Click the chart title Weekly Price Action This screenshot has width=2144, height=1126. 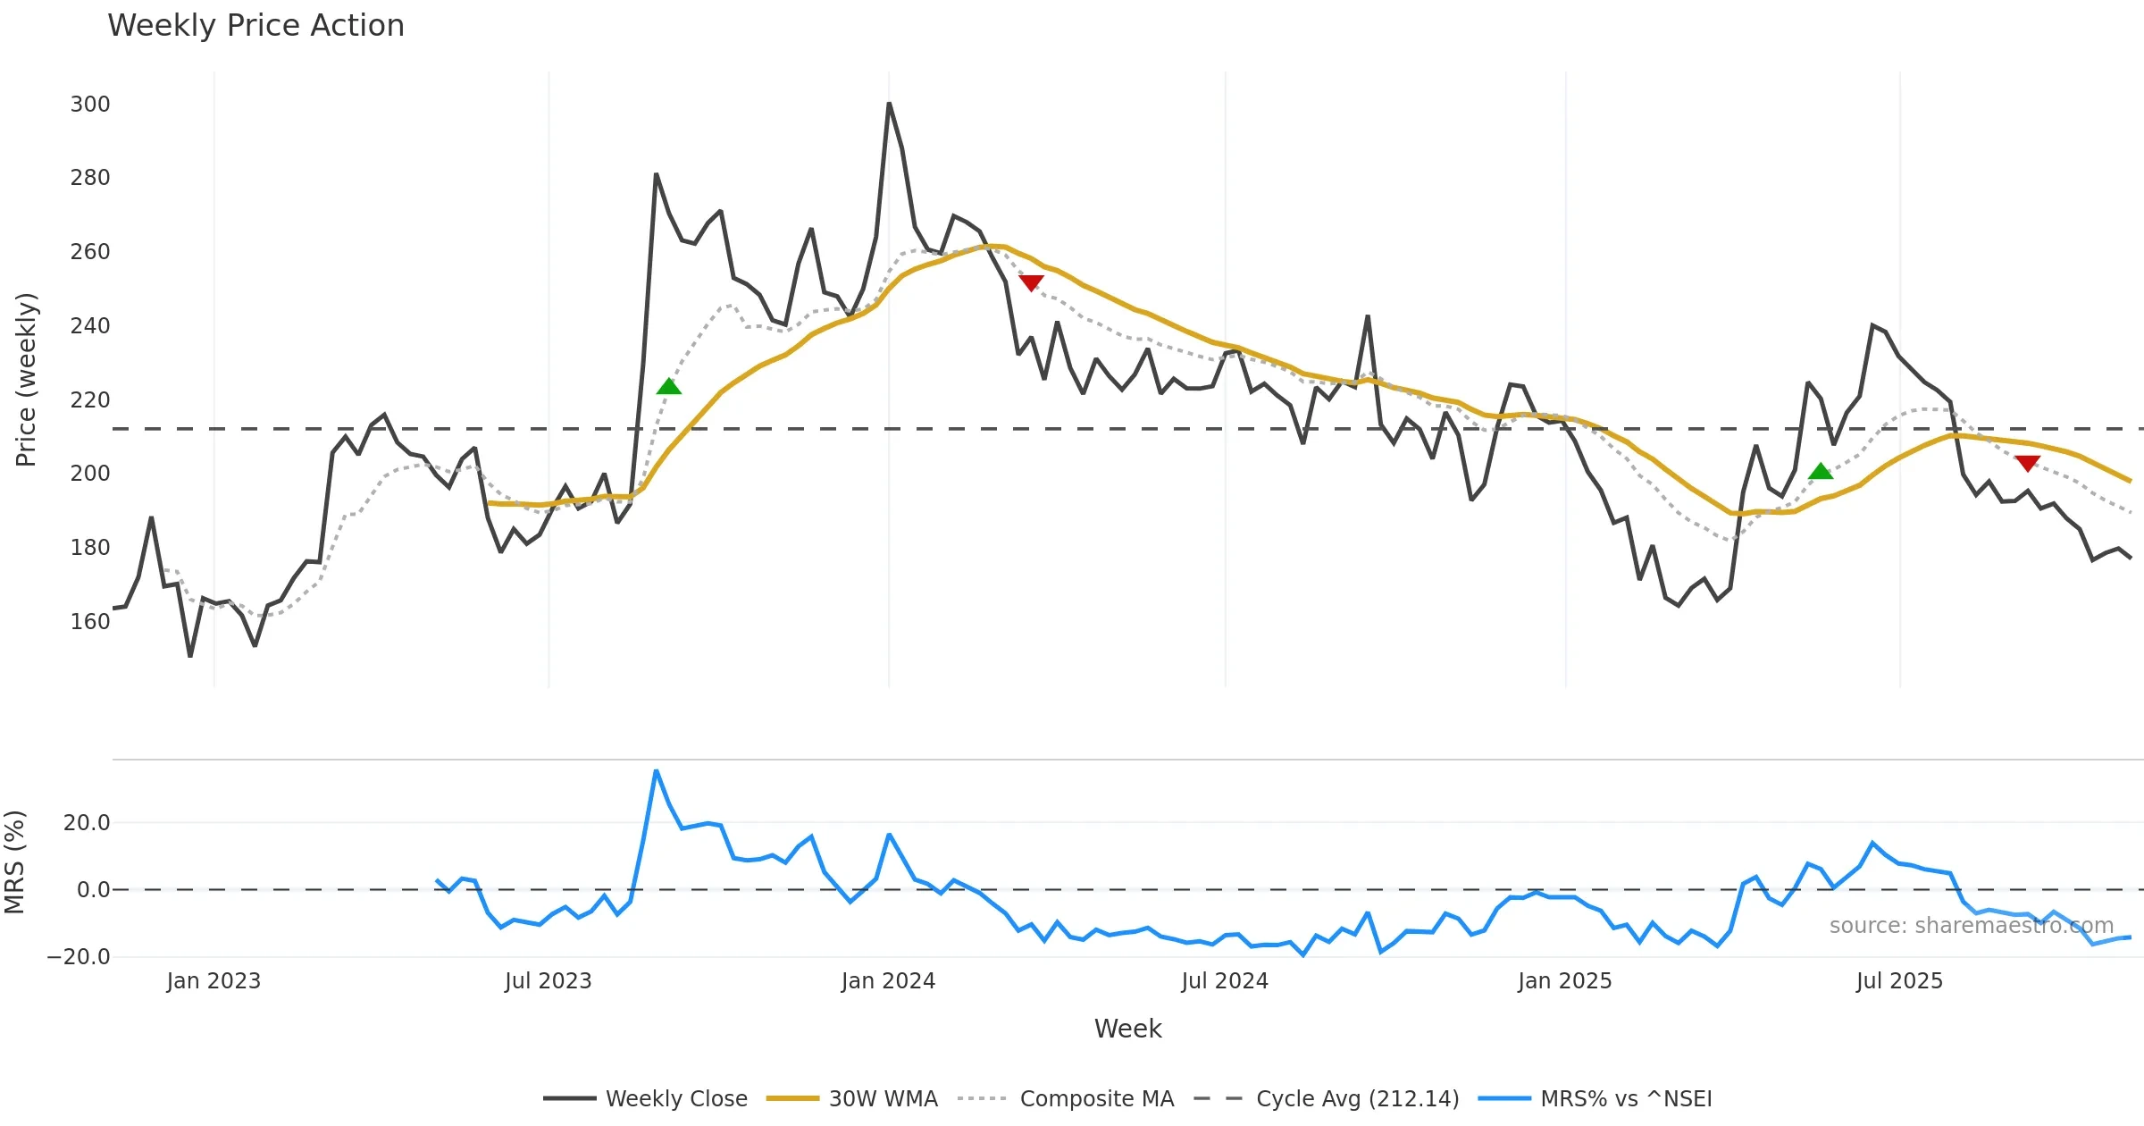[255, 26]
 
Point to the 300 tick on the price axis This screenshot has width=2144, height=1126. [90, 105]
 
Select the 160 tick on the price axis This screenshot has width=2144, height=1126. [90, 621]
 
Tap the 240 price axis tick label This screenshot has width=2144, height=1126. [90, 326]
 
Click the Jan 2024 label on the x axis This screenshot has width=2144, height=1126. [888, 981]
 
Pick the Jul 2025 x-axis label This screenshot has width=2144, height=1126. [1899, 981]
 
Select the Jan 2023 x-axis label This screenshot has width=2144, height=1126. [214, 981]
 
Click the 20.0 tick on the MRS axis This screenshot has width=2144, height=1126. [87, 823]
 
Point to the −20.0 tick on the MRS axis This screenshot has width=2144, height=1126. [79, 957]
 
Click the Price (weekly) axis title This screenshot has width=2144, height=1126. [26, 380]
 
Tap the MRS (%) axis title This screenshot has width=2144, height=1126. [15, 862]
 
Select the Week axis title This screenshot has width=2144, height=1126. [1127, 1029]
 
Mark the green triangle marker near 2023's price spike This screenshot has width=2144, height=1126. [669, 386]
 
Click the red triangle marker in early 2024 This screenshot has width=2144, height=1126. [1031, 283]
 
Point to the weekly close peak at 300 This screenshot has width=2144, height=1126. [889, 105]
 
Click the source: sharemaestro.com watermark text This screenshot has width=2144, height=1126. [1971, 926]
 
